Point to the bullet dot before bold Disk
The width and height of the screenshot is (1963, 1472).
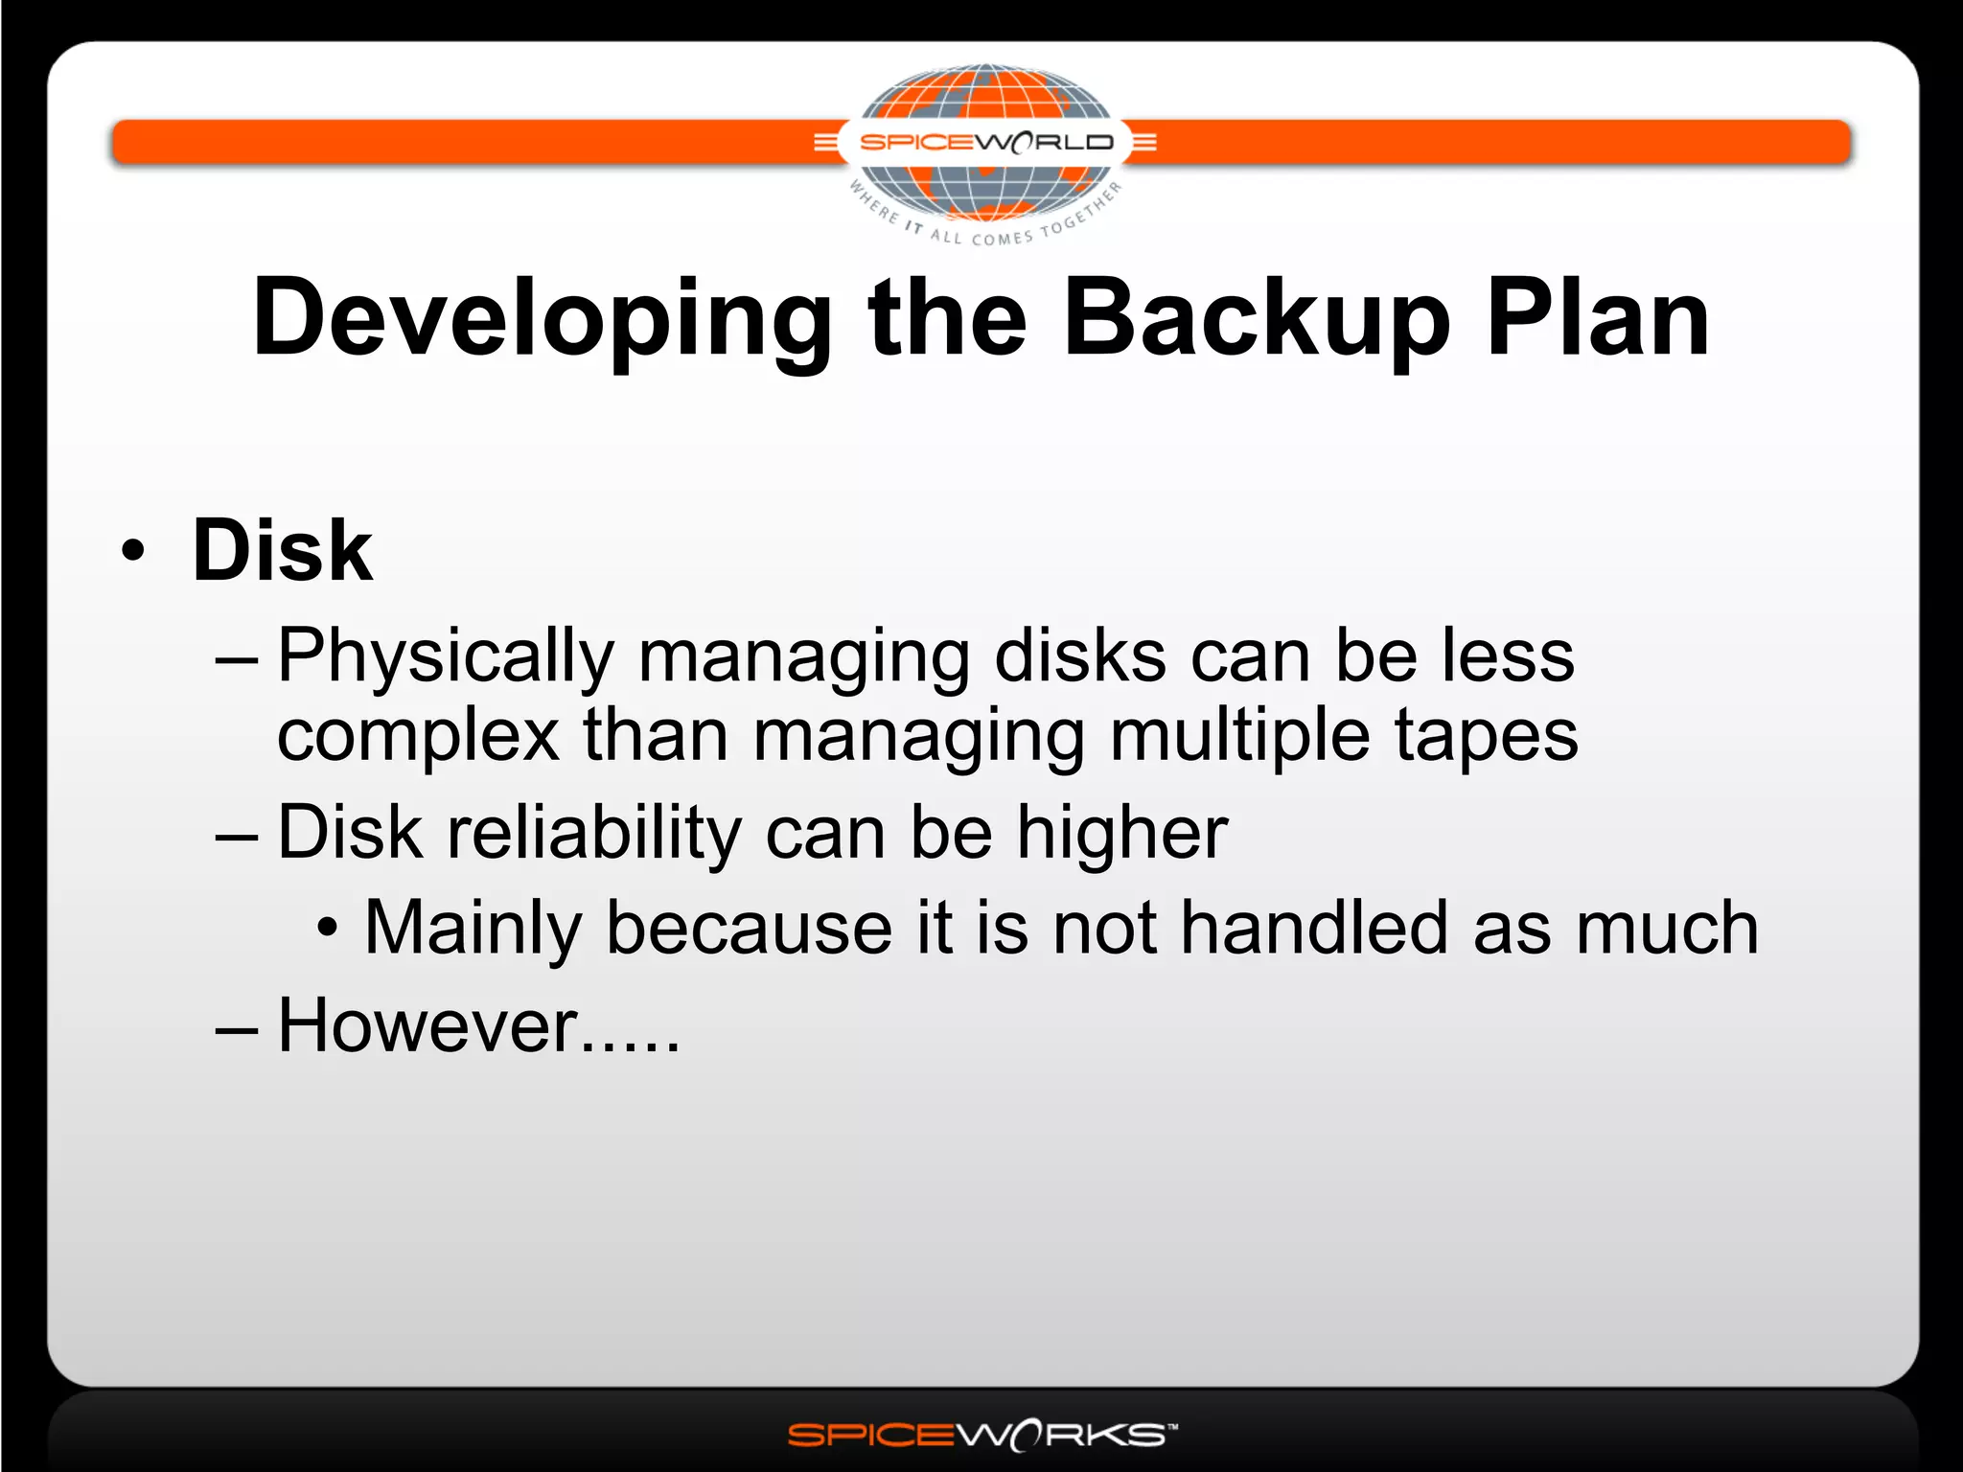[133, 551]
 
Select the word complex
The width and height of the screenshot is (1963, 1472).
[418, 736]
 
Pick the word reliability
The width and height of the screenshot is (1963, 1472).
[594, 834]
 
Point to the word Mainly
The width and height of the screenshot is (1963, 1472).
[473, 930]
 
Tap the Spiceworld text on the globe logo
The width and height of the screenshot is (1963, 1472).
[986, 143]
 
